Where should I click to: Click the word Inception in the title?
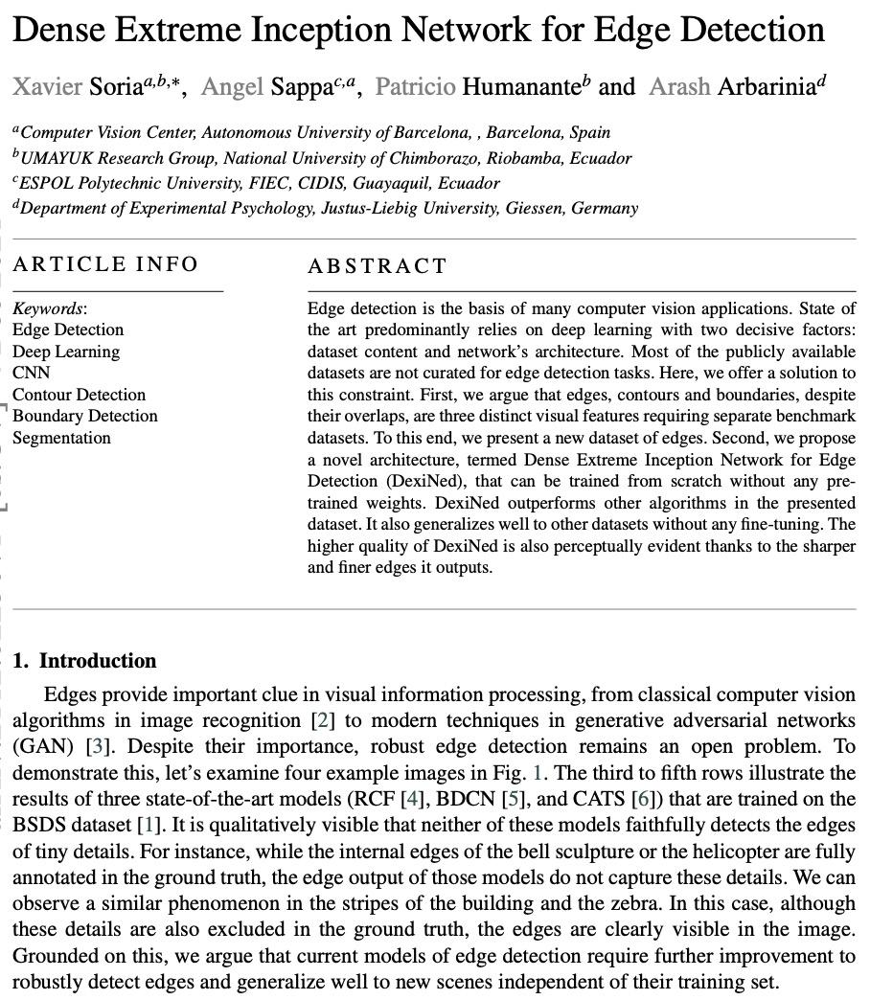(x=319, y=30)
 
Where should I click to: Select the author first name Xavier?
(x=47, y=87)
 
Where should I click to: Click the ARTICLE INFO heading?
(x=105, y=264)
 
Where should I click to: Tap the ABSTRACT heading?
(x=378, y=266)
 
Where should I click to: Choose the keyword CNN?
(x=31, y=373)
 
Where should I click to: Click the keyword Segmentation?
(x=61, y=438)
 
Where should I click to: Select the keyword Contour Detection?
(x=79, y=395)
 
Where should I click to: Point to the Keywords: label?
(x=49, y=308)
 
